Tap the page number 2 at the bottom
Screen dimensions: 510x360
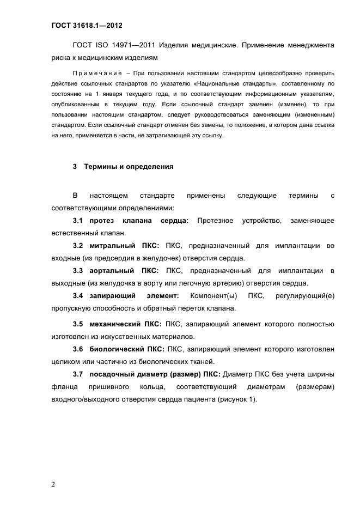[x=53, y=484]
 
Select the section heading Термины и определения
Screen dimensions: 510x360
[x=129, y=167]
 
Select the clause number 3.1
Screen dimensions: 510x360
[x=78, y=220]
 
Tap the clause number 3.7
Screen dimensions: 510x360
[x=78, y=374]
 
